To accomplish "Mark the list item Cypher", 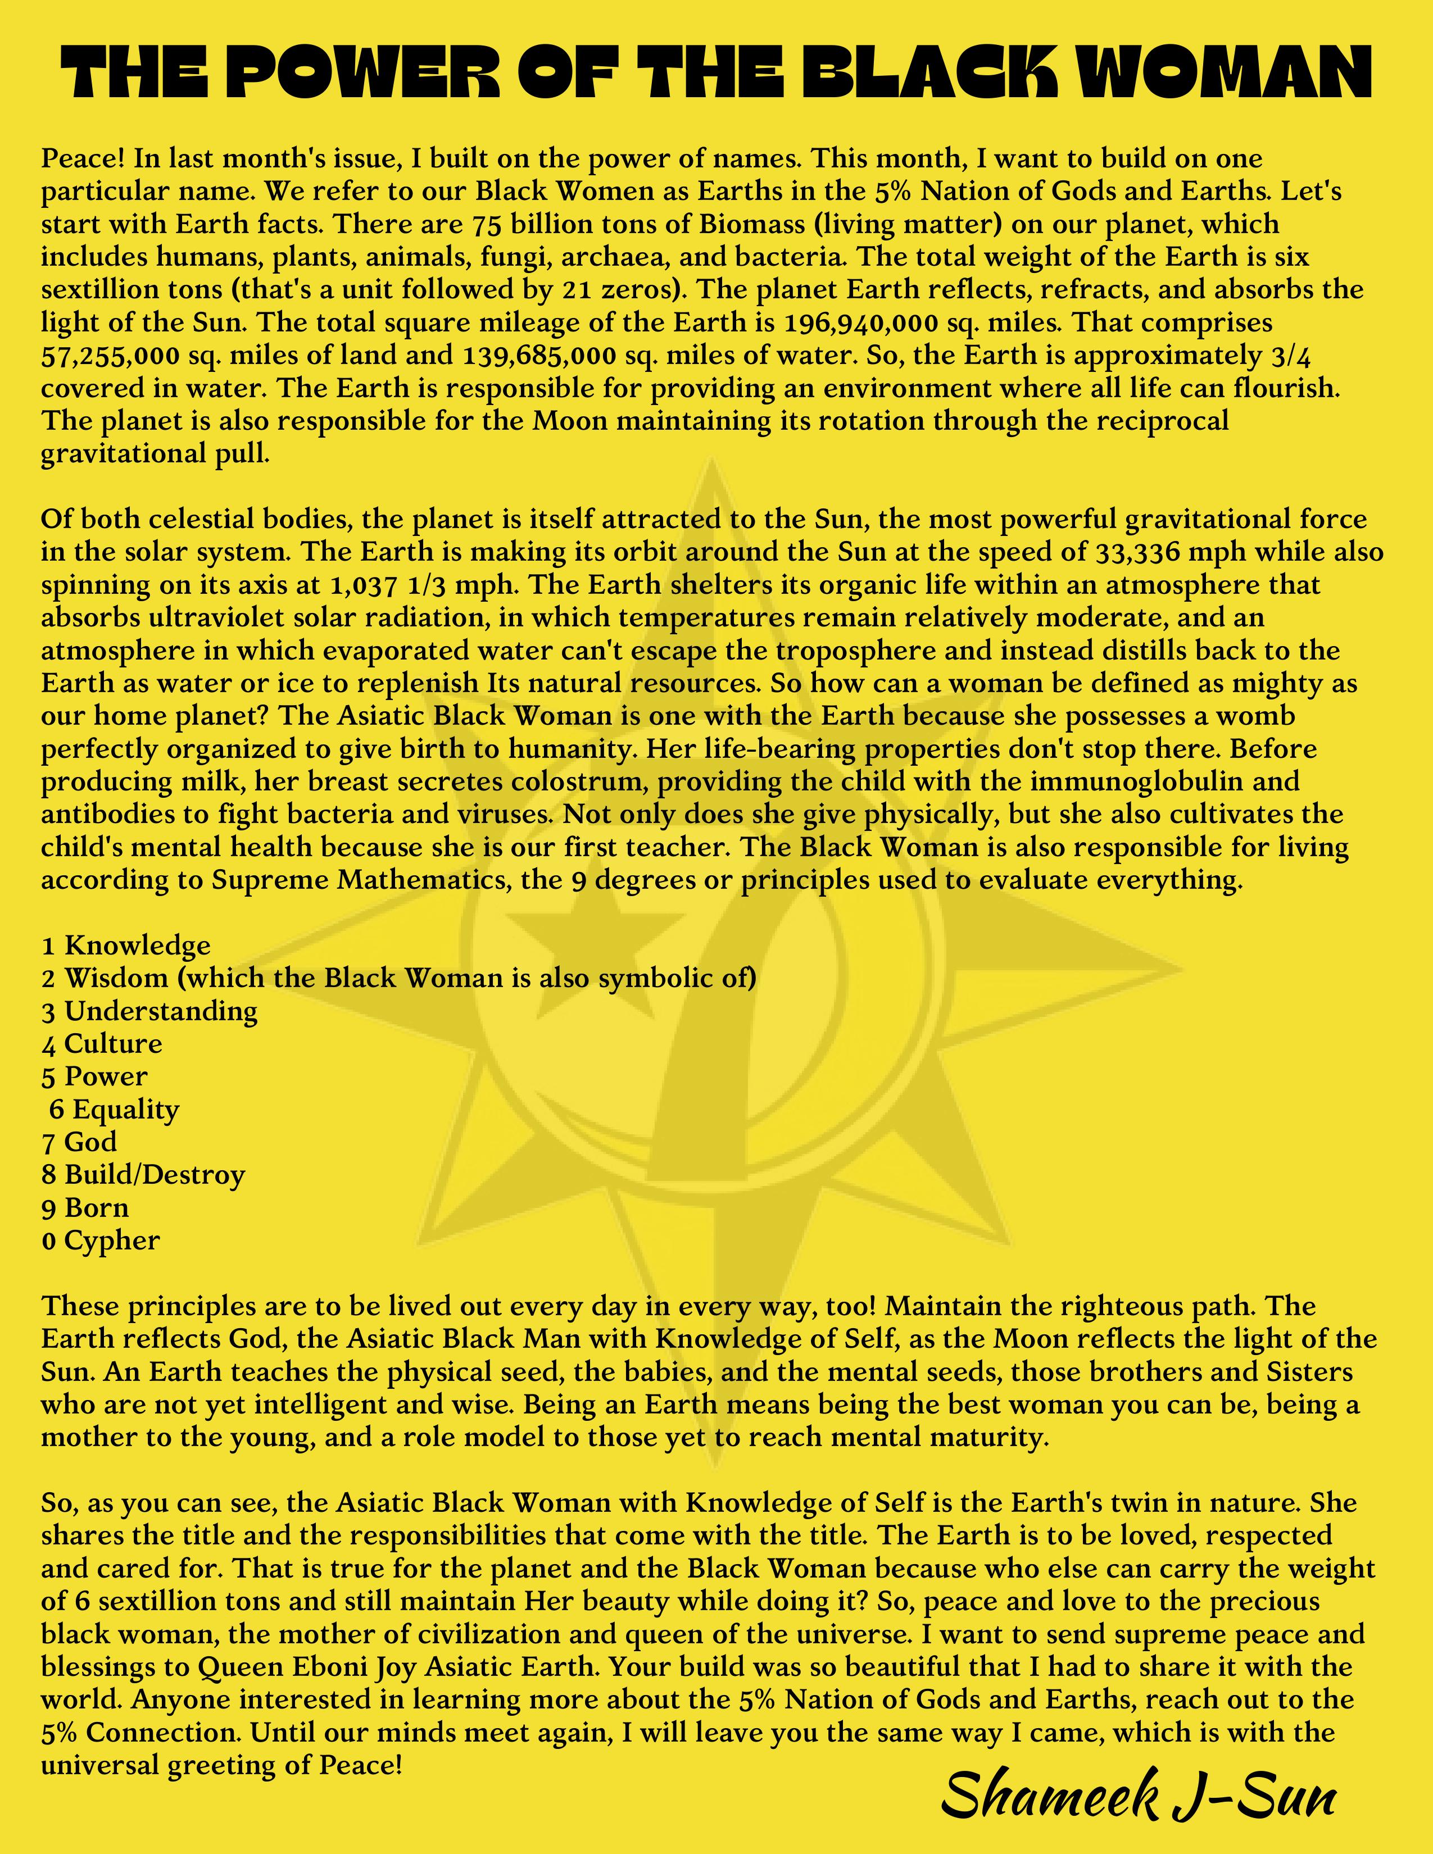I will [112, 1241].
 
